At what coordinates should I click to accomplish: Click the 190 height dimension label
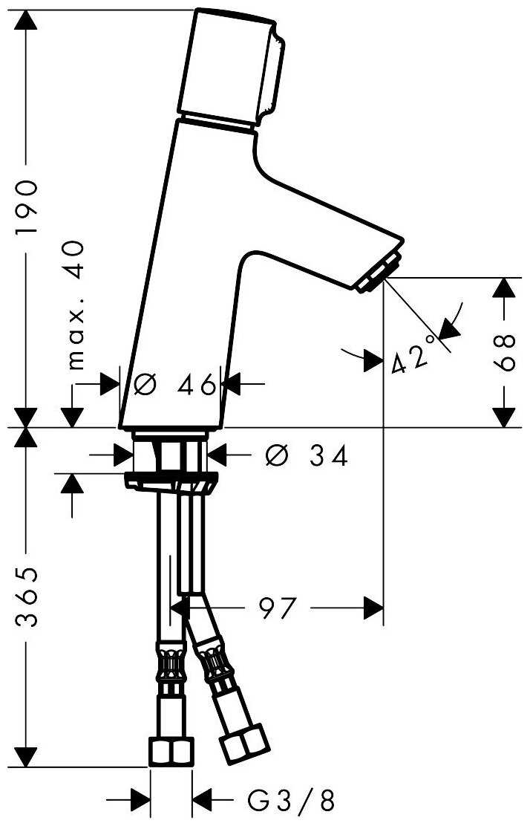[x=27, y=207]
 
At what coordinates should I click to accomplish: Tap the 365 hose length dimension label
[x=27, y=597]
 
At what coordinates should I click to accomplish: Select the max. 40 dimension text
[x=76, y=305]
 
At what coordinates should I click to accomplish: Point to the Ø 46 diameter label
[x=174, y=385]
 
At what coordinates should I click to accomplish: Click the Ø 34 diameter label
[x=307, y=455]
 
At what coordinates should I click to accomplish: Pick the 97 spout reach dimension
[x=278, y=609]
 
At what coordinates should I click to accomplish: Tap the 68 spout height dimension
[x=506, y=352]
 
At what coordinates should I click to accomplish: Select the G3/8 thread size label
[x=291, y=801]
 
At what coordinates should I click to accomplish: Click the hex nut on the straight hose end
[x=171, y=752]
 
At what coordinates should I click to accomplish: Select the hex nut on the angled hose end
[x=244, y=744]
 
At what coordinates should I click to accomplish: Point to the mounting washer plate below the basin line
[x=171, y=481]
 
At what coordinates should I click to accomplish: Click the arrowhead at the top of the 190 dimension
[x=26, y=20]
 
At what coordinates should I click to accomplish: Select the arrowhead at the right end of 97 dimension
[x=373, y=608]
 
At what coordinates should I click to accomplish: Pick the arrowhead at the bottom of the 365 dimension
[x=26, y=756]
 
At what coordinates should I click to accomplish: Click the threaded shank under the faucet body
[x=169, y=452]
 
